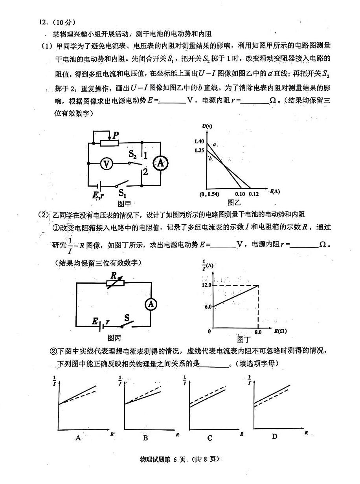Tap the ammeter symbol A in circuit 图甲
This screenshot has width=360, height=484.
click(x=160, y=163)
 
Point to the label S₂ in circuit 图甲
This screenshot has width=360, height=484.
click(x=133, y=154)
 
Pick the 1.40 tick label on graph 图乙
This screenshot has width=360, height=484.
click(x=199, y=141)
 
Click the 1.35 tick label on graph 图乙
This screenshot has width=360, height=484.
click(x=199, y=150)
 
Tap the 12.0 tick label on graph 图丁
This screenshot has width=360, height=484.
click(x=207, y=285)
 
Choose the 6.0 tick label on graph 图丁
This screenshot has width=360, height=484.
click(x=208, y=306)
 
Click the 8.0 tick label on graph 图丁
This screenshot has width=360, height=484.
click(x=258, y=332)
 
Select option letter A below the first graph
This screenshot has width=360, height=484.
click(x=78, y=438)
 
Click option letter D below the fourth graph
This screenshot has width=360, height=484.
click(x=274, y=436)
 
